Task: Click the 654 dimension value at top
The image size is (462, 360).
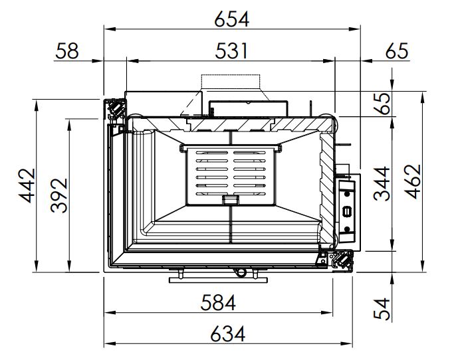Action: tap(231, 19)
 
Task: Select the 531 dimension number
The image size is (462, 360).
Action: tap(231, 51)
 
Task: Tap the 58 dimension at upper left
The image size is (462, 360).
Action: tap(67, 51)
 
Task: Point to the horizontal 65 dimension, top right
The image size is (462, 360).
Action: tap(397, 51)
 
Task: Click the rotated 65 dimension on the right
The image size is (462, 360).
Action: tap(382, 104)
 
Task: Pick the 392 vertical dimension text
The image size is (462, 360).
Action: tap(59, 195)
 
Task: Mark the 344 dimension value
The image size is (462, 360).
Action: tap(382, 184)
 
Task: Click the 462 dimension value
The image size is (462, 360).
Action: tap(413, 181)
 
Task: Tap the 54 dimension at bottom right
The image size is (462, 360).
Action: tap(382, 308)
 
